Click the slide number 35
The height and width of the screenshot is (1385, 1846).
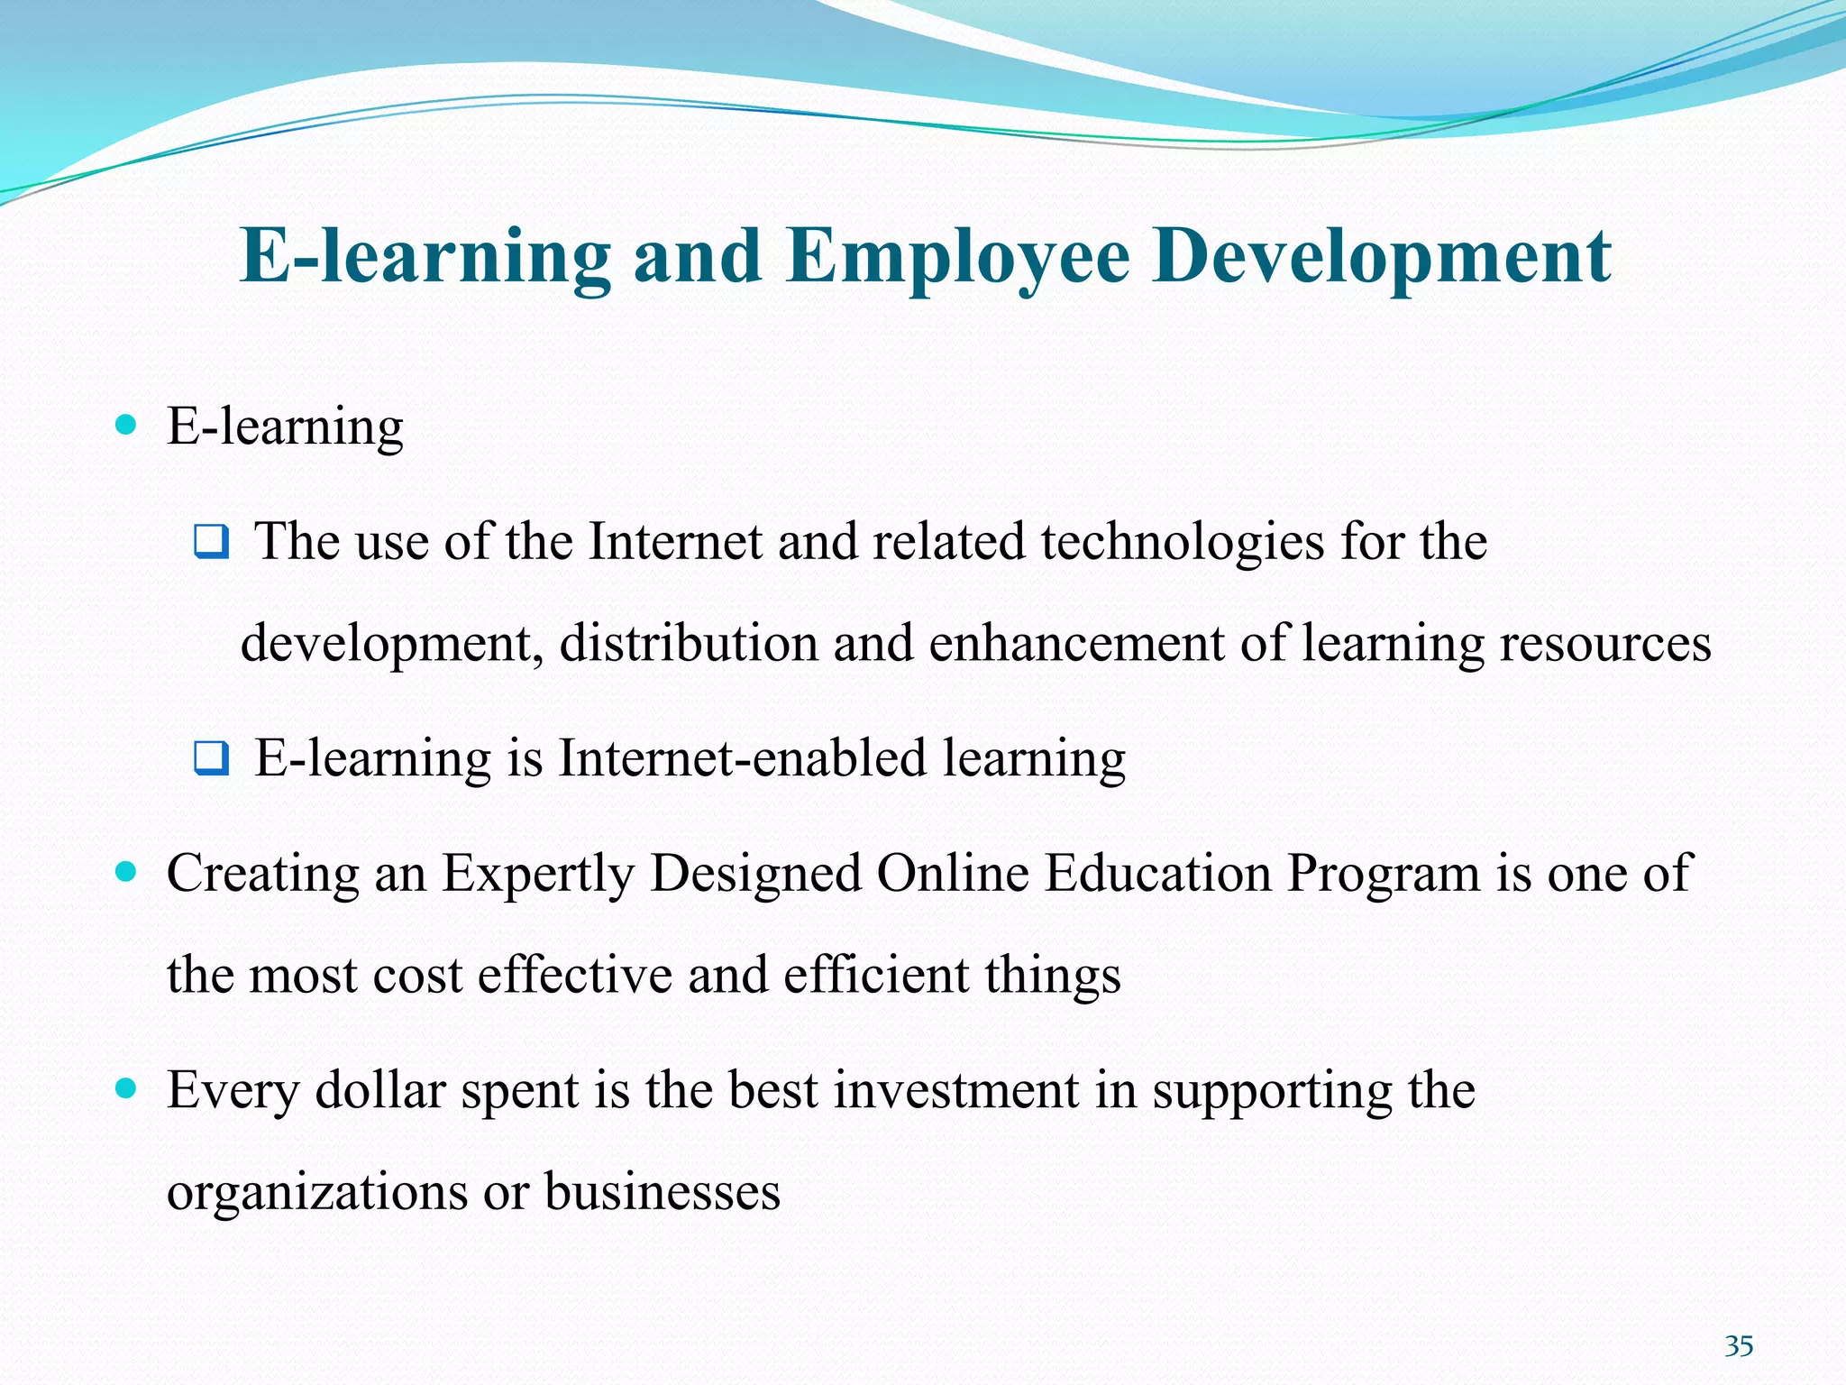pyautogui.click(x=1739, y=1346)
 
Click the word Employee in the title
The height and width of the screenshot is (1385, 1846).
pyautogui.click(x=956, y=257)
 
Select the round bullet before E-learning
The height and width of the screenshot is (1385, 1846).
pyautogui.click(x=126, y=424)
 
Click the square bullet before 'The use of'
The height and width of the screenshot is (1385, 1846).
pyautogui.click(x=212, y=542)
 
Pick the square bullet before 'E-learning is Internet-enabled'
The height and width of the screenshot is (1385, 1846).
pyautogui.click(x=212, y=758)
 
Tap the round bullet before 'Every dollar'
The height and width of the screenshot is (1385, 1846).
pyautogui.click(x=126, y=1088)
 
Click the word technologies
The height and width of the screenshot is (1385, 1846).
pyautogui.click(x=1183, y=543)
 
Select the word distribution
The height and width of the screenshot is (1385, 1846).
pyautogui.click(x=688, y=644)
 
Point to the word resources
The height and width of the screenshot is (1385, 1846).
pyautogui.click(x=1604, y=644)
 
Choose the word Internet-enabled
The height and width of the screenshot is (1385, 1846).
pyautogui.click(x=743, y=758)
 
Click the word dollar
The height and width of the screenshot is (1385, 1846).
pyautogui.click(x=380, y=1091)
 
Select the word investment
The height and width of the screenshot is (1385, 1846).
pyautogui.click(x=955, y=1091)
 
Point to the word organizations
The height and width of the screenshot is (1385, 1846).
pyautogui.click(x=317, y=1192)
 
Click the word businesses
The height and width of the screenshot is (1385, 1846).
pyautogui.click(x=662, y=1192)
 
